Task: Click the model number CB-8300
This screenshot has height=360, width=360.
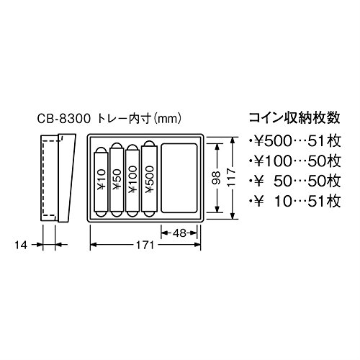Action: click(x=64, y=119)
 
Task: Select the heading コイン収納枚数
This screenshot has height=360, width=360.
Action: click(x=294, y=118)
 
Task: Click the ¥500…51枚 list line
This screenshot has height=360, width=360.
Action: click(x=295, y=141)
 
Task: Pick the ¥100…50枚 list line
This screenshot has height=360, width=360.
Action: click(x=295, y=161)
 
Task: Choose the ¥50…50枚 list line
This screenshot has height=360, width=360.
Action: click(x=295, y=181)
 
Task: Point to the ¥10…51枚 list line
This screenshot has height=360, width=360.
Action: click(x=295, y=201)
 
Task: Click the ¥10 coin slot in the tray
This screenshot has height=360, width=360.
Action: click(x=101, y=182)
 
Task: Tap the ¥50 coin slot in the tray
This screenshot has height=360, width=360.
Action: click(x=117, y=180)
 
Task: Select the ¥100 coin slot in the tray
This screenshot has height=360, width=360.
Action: click(x=132, y=181)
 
